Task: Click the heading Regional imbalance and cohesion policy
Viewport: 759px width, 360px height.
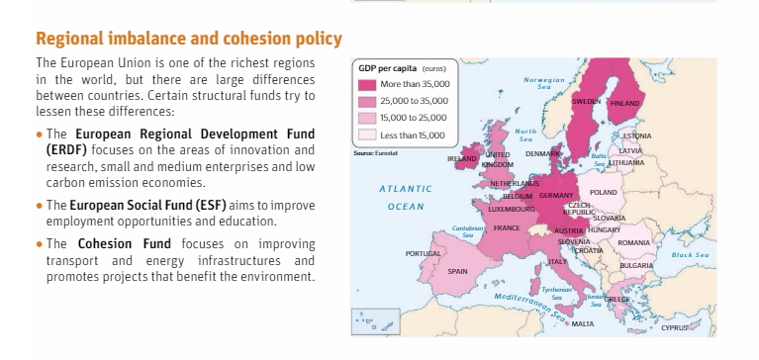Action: click(x=189, y=40)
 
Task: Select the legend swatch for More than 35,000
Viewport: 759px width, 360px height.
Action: click(x=367, y=84)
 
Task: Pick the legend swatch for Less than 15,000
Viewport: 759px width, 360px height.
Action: click(x=367, y=134)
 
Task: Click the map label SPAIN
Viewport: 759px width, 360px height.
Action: click(x=457, y=270)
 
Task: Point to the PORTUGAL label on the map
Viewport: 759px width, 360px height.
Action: click(x=423, y=253)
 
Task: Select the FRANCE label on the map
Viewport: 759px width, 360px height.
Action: click(x=507, y=227)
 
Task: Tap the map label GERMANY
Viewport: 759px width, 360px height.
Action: click(x=556, y=195)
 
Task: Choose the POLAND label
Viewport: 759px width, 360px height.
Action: click(x=603, y=191)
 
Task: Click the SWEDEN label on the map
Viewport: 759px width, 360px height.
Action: click(x=587, y=102)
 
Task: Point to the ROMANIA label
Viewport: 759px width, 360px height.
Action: click(x=632, y=241)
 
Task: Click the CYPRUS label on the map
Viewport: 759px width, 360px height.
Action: click(x=676, y=326)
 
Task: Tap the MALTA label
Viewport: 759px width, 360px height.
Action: click(x=583, y=323)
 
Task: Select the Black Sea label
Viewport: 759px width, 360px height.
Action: click(x=690, y=254)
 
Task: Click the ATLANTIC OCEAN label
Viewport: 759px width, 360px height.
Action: click(x=406, y=197)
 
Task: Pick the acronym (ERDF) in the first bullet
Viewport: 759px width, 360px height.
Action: click(x=63, y=148)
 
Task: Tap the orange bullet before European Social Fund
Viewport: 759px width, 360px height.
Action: click(x=39, y=206)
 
